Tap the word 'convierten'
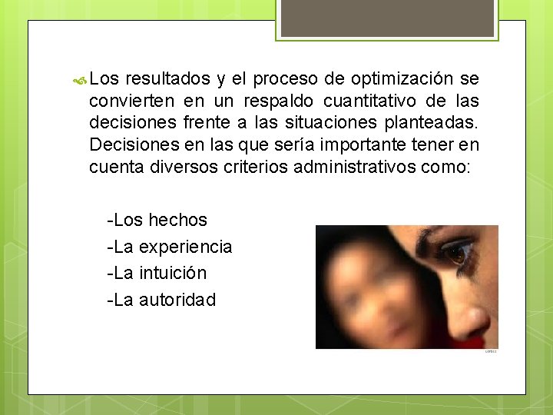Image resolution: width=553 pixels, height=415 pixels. (x=131, y=101)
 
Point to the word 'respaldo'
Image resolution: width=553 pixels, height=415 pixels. (x=277, y=101)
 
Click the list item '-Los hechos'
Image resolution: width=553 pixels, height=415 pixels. (x=157, y=220)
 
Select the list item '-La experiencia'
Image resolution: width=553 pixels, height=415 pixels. (x=170, y=247)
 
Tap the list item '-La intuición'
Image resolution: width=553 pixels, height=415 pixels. (x=157, y=273)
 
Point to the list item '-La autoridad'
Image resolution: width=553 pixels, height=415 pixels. (x=162, y=300)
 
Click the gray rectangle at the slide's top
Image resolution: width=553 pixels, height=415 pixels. (x=386, y=18)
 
